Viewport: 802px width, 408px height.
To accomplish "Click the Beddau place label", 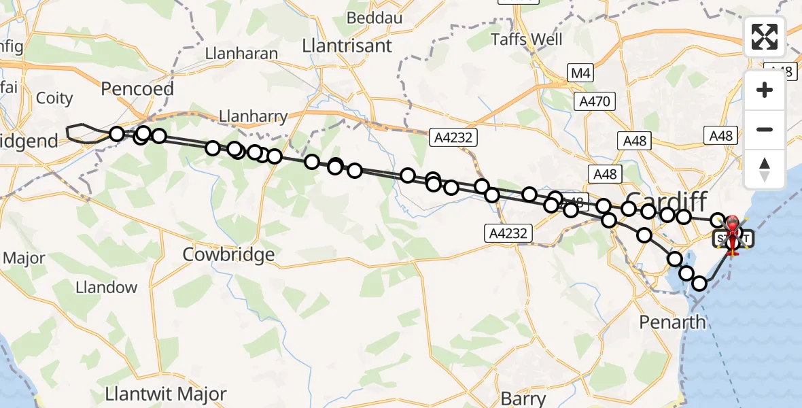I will coord(376,18).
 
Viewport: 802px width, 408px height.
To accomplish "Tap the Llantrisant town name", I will coord(347,46).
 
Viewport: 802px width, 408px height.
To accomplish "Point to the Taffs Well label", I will coord(527,39).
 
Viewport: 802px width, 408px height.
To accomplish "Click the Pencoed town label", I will coord(137,89).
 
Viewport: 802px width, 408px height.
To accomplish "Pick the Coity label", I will coord(54,98).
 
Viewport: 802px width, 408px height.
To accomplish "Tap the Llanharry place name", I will coord(254,117).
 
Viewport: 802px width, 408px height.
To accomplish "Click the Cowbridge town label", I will coord(229,255).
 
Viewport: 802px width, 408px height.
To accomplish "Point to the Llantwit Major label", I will coord(166,394).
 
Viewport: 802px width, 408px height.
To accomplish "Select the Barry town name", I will coord(523,398).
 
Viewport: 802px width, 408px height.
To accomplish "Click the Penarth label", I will coord(672,322).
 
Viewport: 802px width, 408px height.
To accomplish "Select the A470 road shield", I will coord(595,101).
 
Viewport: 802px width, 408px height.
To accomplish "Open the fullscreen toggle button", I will coord(765,37).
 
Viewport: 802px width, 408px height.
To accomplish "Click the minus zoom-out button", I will coord(765,129).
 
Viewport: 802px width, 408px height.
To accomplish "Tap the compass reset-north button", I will coord(765,169).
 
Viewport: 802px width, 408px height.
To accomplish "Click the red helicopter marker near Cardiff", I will coord(733,225).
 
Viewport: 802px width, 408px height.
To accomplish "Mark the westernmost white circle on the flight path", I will coord(117,134).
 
